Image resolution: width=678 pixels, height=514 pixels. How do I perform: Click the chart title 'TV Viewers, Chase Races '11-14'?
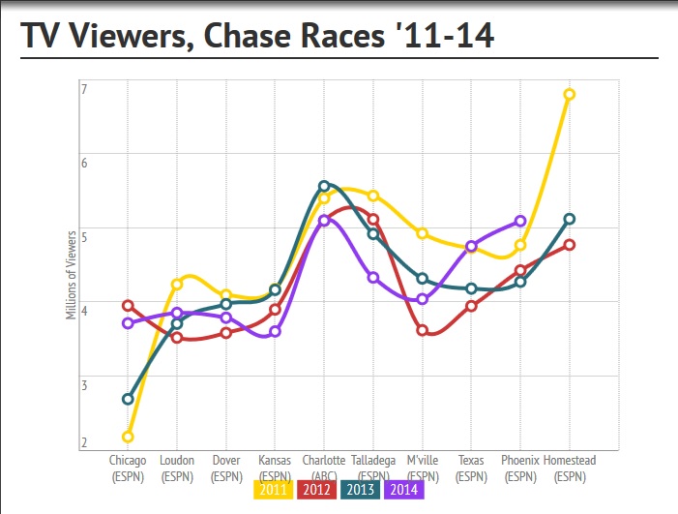(x=257, y=36)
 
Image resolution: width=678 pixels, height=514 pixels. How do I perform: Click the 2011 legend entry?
(x=273, y=490)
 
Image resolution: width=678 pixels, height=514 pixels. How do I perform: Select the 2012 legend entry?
(x=316, y=490)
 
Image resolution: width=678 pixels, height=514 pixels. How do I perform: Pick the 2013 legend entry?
(x=360, y=490)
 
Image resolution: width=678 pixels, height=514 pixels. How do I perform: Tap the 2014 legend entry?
(x=404, y=490)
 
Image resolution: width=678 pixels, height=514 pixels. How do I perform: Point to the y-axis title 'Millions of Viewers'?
(x=72, y=273)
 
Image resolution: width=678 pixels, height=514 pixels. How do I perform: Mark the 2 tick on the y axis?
(x=84, y=443)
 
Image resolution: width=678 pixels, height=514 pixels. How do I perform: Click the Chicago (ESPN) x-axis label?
(x=128, y=469)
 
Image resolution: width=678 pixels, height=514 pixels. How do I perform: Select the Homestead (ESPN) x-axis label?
(x=570, y=469)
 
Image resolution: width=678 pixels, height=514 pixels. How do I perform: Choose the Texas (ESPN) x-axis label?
(x=471, y=469)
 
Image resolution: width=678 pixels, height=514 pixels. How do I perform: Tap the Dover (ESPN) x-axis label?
(x=226, y=469)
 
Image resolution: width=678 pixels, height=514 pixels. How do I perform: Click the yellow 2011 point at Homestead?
(x=570, y=94)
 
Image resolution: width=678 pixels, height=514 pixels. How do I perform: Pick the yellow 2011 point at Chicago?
(x=128, y=437)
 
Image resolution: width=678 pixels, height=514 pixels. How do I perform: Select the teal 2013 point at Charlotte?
(x=324, y=186)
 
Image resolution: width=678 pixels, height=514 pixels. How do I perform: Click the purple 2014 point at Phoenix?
(x=520, y=221)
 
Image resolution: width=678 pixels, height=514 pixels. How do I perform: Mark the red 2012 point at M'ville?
(x=423, y=330)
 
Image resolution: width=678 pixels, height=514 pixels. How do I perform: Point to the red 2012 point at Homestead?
(x=570, y=244)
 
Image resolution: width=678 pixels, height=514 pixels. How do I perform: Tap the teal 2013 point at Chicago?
(x=128, y=399)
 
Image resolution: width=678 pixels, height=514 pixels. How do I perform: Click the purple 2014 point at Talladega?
(x=373, y=278)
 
